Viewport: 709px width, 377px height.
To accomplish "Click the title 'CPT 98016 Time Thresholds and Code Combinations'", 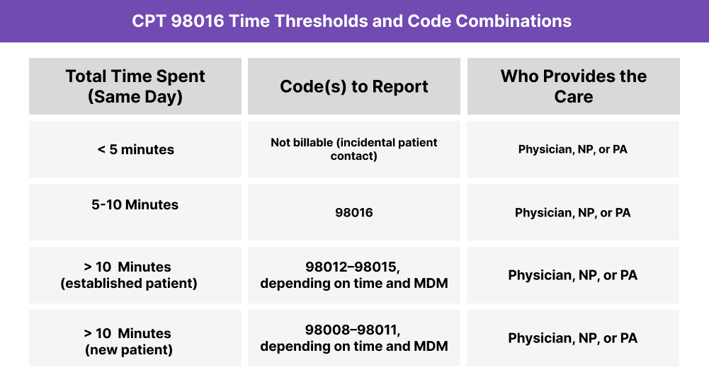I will point(351,21).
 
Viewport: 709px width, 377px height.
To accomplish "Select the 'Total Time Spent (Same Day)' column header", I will point(135,86).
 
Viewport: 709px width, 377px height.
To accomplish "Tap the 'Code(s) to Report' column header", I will point(354,86).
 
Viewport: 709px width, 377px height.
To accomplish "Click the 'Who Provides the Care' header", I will point(573,86).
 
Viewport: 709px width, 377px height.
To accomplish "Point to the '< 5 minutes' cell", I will point(135,149).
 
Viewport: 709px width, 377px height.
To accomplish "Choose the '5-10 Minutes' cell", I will point(135,204).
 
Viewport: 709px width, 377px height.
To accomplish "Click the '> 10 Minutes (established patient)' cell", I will point(135,275).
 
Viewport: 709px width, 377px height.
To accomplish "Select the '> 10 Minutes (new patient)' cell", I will point(135,341).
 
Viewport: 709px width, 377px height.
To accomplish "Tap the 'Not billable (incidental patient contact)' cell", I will point(354,149).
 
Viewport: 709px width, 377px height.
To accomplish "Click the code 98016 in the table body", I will point(354,212).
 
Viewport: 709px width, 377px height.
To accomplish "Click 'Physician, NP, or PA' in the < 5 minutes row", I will point(573,149).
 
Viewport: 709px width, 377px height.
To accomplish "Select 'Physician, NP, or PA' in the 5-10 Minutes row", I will point(573,212).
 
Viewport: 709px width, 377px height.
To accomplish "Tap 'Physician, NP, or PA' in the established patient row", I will point(573,275).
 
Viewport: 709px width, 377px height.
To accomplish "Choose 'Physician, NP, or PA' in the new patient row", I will point(573,338).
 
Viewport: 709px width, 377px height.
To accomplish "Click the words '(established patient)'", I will point(128,284).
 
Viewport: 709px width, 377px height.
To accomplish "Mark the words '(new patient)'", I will point(128,349).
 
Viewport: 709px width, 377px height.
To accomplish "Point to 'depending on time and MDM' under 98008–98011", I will point(354,347).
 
